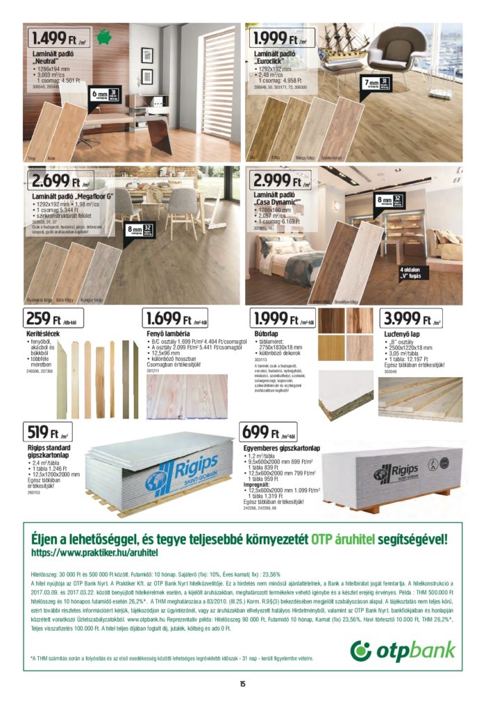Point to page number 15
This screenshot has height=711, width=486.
tap(242, 684)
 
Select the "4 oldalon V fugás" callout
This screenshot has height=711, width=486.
tap(413, 271)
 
